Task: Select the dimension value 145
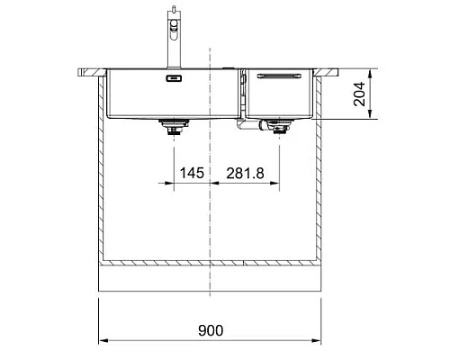[x=189, y=171]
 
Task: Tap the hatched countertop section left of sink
[x=91, y=70]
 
